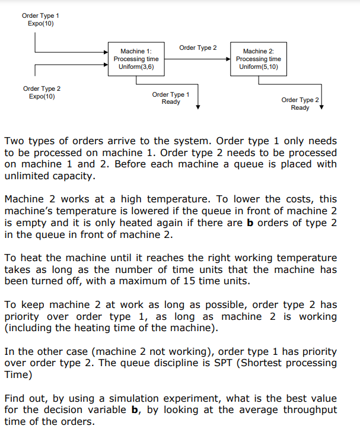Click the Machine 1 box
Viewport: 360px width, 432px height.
coord(136,59)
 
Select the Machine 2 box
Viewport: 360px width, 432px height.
coord(258,59)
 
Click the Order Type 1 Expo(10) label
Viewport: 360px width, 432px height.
coord(40,19)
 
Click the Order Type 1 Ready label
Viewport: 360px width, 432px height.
coord(171,98)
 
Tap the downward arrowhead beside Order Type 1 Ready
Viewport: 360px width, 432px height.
coord(198,106)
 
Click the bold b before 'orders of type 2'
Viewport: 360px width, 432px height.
coord(249,223)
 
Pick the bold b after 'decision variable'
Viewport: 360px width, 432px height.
coord(133,409)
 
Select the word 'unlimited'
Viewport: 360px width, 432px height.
coord(28,176)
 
